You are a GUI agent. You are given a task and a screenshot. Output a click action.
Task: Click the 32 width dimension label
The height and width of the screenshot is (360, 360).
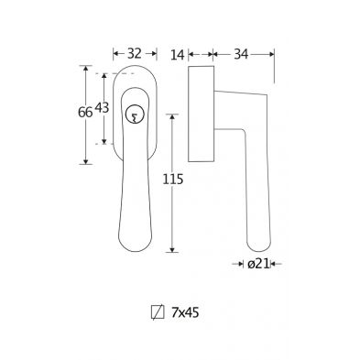click(x=135, y=54)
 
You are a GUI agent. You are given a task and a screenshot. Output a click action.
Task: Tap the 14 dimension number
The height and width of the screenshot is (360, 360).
click(x=178, y=55)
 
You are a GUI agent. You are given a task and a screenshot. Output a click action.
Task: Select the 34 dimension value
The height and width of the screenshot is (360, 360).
click(x=241, y=54)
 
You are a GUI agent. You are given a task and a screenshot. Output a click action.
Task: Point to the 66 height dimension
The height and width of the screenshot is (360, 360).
click(x=85, y=113)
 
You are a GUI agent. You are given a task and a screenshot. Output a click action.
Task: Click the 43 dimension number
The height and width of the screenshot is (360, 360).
click(x=102, y=107)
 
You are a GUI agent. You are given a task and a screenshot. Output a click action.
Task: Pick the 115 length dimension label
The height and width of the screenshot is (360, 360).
click(x=173, y=180)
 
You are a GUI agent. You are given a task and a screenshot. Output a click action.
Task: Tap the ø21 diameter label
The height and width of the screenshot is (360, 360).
click(x=259, y=264)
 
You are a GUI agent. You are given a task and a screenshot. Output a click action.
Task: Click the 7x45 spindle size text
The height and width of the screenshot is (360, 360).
click(x=185, y=312)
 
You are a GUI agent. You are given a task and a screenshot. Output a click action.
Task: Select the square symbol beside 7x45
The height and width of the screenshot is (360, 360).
click(x=158, y=312)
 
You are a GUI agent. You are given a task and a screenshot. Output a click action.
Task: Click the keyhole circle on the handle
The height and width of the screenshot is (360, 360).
click(x=135, y=115)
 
